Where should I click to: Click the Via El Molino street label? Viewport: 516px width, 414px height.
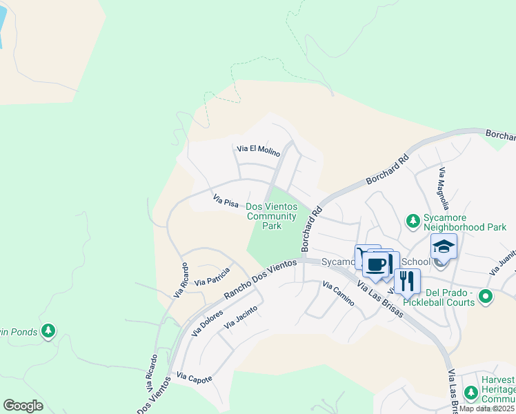(258, 149)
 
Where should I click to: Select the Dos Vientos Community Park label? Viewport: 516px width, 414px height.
(271, 216)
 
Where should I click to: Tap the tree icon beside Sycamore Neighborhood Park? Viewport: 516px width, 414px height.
(413, 221)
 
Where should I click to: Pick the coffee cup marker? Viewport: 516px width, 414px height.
(377, 264)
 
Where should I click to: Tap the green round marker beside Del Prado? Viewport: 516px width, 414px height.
(486, 297)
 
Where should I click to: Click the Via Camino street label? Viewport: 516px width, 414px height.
(338, 293)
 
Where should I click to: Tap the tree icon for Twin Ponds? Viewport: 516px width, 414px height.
(48, 332)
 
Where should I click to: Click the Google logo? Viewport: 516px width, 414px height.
(23, 406)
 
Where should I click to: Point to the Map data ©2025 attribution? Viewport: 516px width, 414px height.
(487, 408)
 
